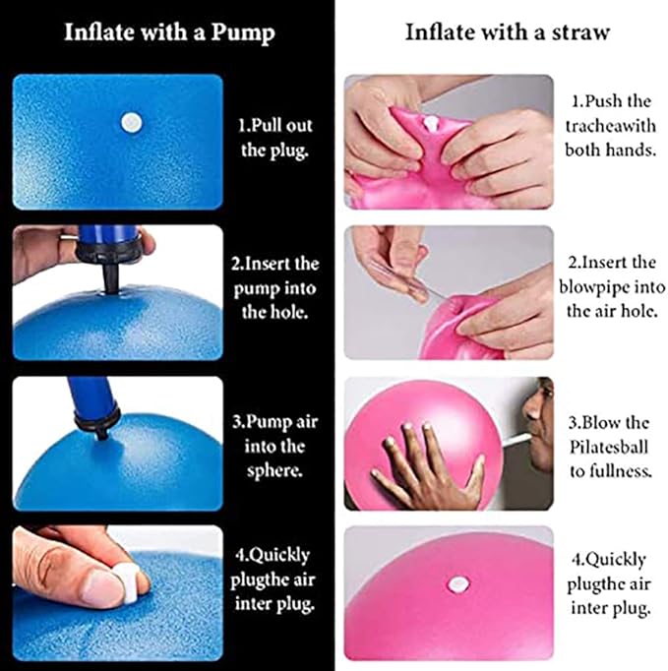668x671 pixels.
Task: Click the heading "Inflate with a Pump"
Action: coord(169,31)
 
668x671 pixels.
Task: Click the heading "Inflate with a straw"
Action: coord(507,31)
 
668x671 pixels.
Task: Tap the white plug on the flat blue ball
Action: coord(130,123)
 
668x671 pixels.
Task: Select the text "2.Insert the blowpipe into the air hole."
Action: coord(610,286)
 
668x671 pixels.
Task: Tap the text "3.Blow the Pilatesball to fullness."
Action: coord(610,446)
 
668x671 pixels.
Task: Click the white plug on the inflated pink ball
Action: coord(455,583)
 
